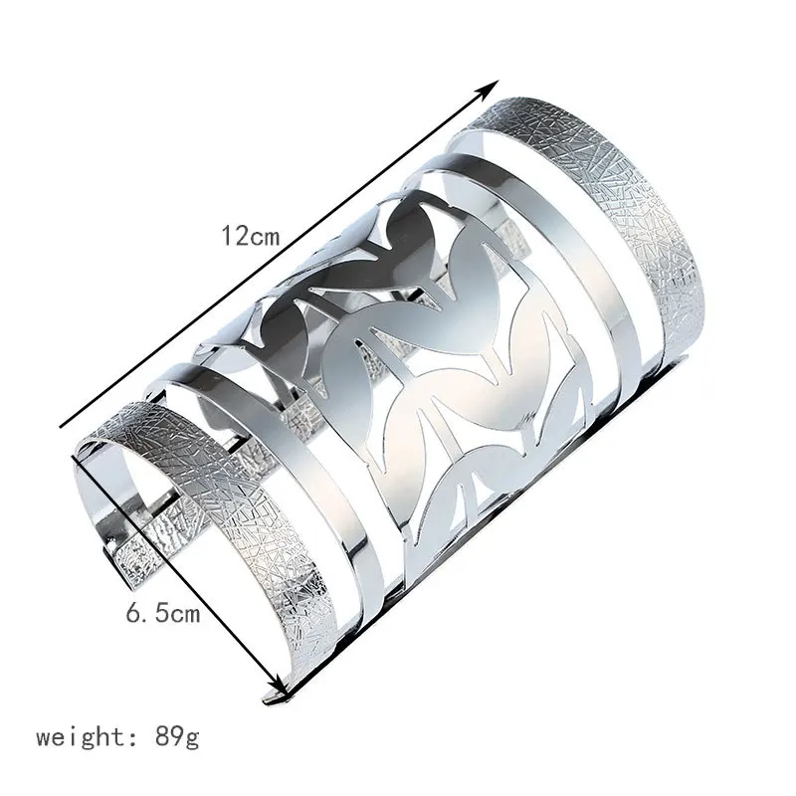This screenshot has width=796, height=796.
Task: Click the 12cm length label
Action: tap(251, 235)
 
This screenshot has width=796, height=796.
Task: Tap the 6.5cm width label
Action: tap(163, 613)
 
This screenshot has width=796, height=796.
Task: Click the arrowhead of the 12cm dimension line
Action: tap(490, 89)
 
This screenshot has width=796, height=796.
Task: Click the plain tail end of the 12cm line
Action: tap(61, 427)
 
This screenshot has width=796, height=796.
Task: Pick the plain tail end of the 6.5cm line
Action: tap(74, 457)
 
